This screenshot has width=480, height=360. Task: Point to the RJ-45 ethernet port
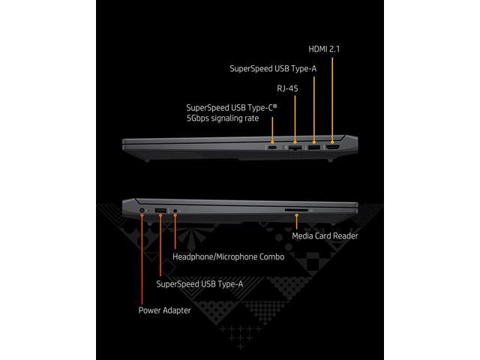(295, 140)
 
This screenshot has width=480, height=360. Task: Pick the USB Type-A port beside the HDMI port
(314, 139)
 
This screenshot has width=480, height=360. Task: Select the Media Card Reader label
(325, 235)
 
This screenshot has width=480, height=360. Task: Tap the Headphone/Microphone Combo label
(228, 256)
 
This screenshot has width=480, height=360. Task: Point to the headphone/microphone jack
(175, 213)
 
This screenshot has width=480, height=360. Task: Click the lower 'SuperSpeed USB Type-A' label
(199, 283)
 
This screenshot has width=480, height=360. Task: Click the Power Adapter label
(164, 309)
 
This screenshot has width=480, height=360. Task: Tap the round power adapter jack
(142, 212)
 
